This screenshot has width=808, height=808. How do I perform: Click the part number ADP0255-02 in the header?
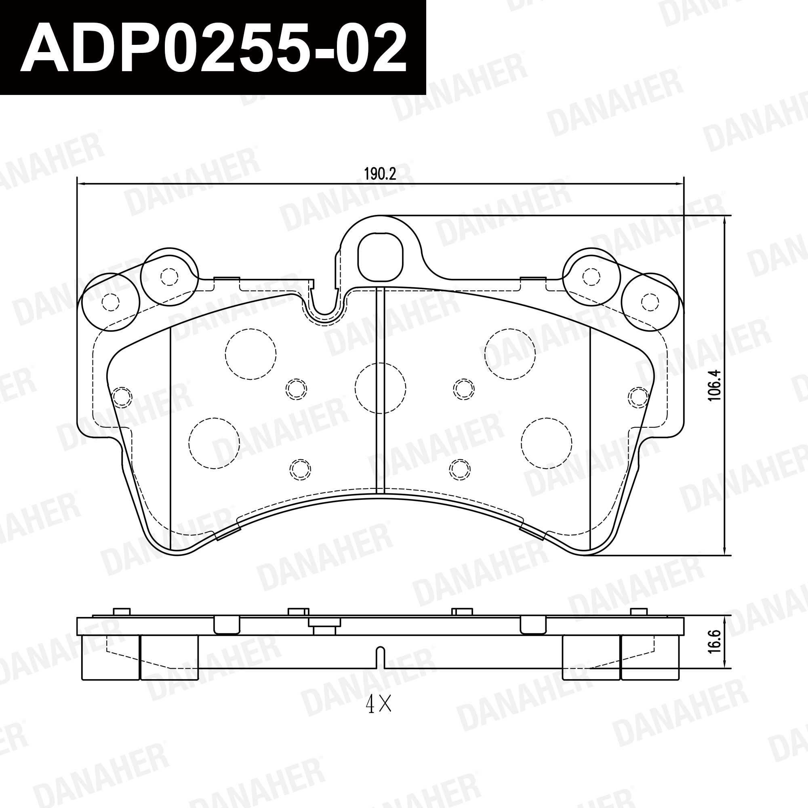point(213,48)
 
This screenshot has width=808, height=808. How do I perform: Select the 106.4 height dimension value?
point(714,385)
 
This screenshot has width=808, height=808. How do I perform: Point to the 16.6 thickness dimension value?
point(714,642)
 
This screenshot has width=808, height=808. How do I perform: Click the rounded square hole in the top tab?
point(380,257)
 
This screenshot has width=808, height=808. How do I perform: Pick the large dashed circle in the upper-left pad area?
point(250,354)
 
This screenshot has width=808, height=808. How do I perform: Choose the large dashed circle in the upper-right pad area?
point(510,354)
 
